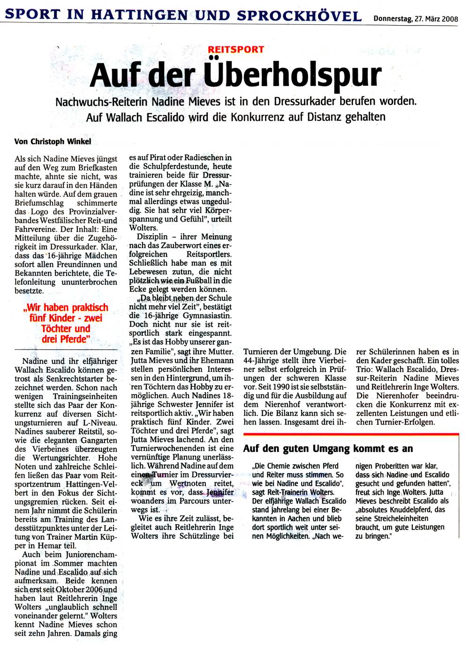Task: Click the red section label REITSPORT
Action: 236,49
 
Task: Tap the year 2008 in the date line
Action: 449,19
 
